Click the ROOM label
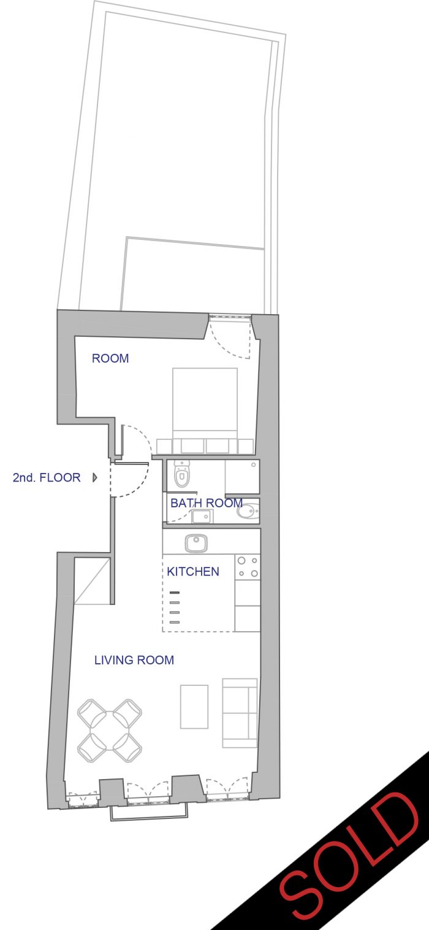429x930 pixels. click(110, 358)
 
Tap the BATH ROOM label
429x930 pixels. click(206, 503)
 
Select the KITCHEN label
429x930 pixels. click(193, 572)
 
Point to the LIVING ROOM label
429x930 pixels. click(134, 660)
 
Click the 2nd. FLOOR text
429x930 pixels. click(47, 477)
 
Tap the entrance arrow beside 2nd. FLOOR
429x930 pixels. click(95, 477)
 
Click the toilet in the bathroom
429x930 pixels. click(181, 474)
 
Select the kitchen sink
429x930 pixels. click(196, 543)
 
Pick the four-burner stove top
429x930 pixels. click(248, 567)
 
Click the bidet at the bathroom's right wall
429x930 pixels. click(248, 510)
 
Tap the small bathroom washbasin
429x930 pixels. click(202, 517)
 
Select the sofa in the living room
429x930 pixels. click(240, 713)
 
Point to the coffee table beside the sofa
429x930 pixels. click(194, 707)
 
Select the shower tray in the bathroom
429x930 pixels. click(242, 477)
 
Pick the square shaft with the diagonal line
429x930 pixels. click(92, 582)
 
